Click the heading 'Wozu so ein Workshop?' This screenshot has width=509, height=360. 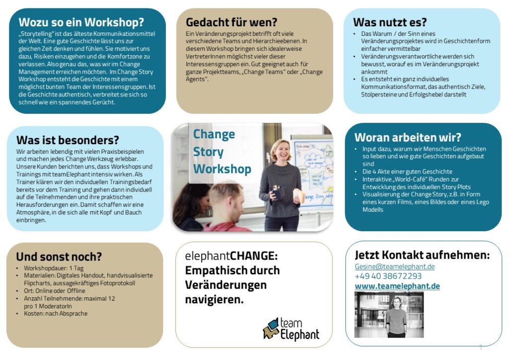(81, 22)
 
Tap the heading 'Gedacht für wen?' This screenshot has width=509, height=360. (231, 22)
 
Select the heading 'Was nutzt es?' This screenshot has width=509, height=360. (390, 22)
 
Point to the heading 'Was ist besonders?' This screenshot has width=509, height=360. (68, 140)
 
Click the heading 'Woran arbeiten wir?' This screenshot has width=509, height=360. (408, 137)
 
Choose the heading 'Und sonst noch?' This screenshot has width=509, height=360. (59, 257)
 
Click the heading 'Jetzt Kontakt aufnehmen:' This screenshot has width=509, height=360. (422, 255)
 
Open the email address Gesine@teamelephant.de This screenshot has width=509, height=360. (395, 267)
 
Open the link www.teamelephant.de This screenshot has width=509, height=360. (397, 286)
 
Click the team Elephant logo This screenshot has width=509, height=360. (291, 329)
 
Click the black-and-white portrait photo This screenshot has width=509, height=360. (389, 315)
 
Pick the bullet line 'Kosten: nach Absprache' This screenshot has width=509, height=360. (55, 314)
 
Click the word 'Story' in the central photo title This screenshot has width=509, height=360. (208, 152)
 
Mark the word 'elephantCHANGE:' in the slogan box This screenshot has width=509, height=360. (231, 257)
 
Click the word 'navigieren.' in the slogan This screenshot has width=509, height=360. (214, 300)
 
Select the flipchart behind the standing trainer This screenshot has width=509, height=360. (313, 169)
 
